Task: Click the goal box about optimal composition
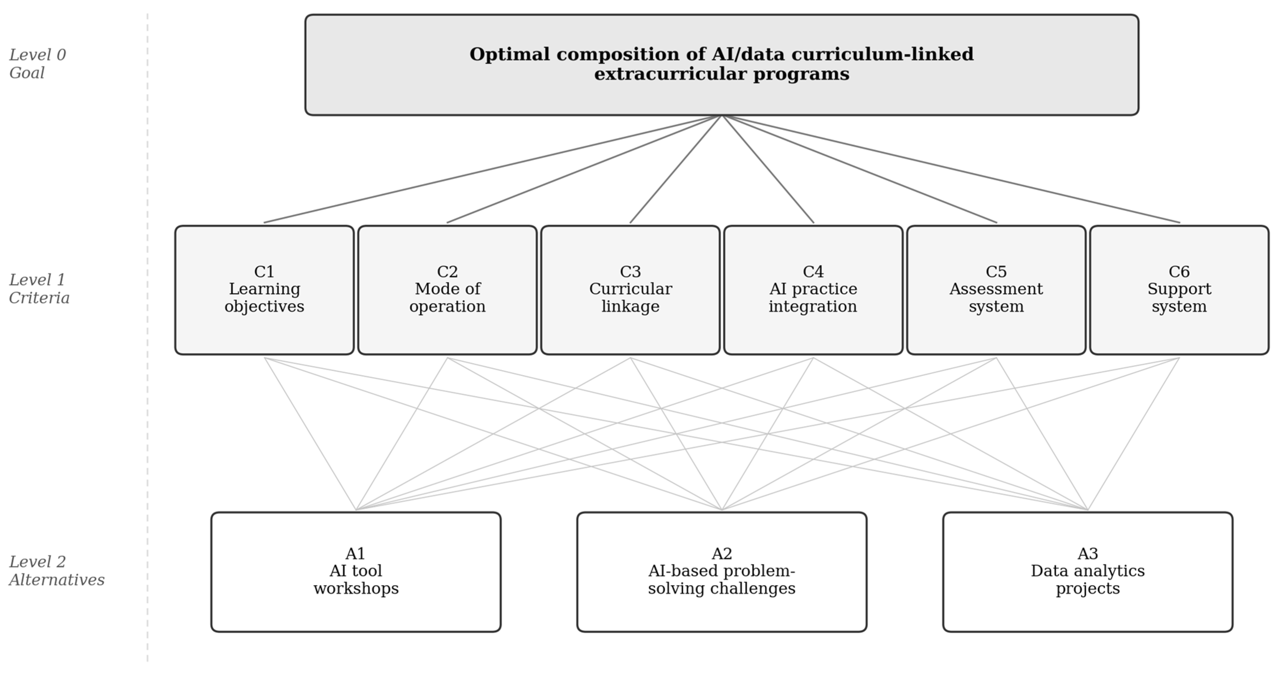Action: point(722,65)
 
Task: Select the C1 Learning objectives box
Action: point(264,290)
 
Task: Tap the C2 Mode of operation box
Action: point(447,290)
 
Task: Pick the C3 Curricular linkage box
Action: point(631,290)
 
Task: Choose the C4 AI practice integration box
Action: point(813,290)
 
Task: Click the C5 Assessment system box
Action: point(996,290)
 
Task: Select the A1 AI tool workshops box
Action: point(356,572)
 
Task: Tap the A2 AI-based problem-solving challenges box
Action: point(722,572)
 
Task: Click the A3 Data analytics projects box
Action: point(1088,572)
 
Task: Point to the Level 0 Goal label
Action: point(38,64)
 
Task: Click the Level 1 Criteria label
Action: point(39,288)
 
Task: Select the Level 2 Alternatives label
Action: point(57,571)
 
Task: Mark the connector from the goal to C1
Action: point(493,169)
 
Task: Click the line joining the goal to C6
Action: point(950,169)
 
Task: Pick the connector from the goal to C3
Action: point(676,169)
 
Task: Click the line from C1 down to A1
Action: point(310,434)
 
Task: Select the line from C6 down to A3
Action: point(1134,434)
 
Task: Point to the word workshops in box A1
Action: point(356,588)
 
